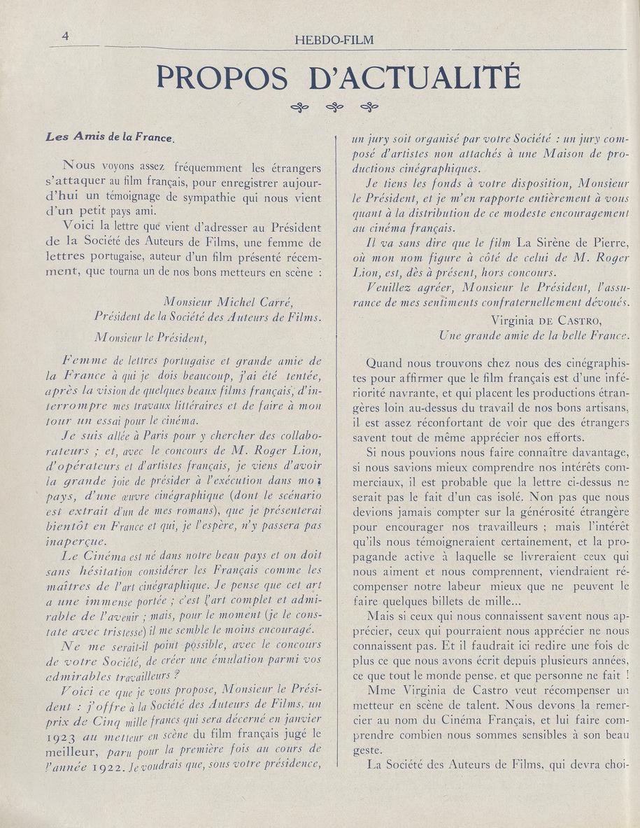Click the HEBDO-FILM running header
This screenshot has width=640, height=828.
[x=335, y=40]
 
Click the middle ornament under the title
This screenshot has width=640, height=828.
[x=335, y=107]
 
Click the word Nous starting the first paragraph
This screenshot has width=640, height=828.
[x=79, y=167]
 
